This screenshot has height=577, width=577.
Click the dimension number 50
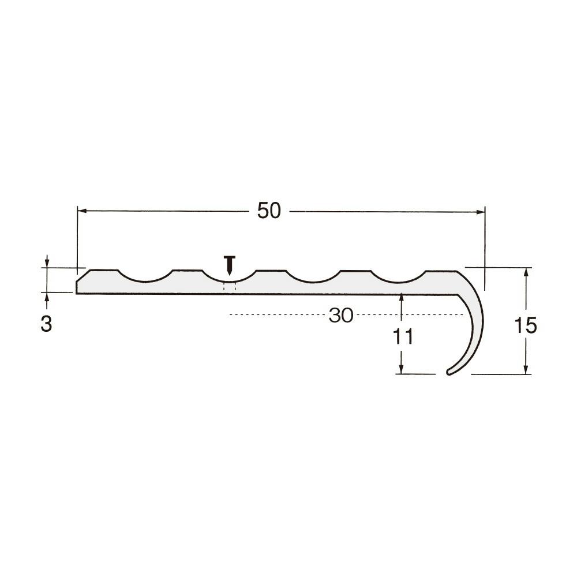pos(269,211)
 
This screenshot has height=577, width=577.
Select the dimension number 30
pos(341,316)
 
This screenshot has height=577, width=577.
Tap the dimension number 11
pos(403,336)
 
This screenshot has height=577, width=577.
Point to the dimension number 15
pos(526,325)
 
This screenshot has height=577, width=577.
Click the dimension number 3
pos(46,324)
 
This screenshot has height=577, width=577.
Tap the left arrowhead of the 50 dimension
pos(82,211)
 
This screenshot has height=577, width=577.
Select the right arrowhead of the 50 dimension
pos(481,212)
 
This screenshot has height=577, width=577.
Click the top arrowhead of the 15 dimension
pos(526,272)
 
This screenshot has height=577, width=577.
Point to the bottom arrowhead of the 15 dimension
pos(526,370)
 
